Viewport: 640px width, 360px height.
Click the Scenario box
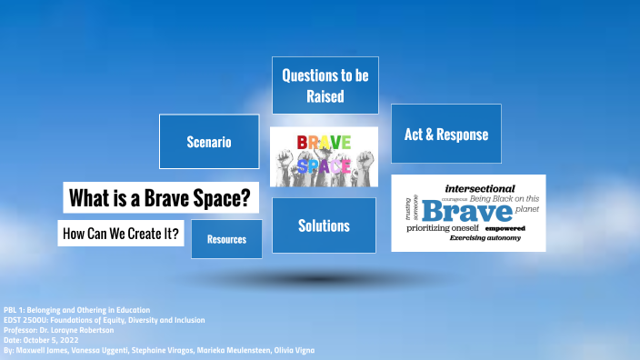point(208,142)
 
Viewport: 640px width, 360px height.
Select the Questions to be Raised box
point(325,85)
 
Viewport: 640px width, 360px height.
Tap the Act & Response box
point(445,135)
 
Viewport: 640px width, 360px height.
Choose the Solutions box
point(324,225)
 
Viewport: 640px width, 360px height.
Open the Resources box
point(226,239)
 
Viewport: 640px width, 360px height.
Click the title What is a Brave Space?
point(160,197)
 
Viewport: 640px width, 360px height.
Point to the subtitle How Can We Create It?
point(121,234)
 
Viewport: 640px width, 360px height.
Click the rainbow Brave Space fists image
point(325,156)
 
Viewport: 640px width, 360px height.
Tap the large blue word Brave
point(466,211)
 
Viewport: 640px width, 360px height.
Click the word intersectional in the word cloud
point(480,189)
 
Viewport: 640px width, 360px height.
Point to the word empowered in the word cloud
point(505,228)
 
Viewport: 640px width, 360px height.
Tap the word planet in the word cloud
point(526,209)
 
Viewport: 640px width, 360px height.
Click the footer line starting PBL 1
point(77,310)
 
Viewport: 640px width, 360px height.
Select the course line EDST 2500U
point(105,320)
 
